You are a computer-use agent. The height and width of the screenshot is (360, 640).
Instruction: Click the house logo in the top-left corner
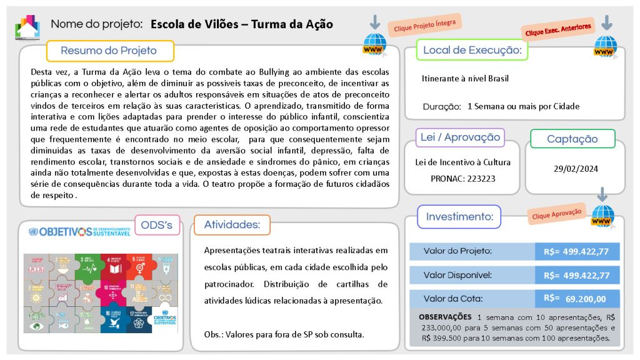pos(27,26)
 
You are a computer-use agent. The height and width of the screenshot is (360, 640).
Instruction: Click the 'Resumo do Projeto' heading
pos(109,51)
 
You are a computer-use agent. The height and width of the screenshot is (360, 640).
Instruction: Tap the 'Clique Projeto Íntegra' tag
pos(425,25)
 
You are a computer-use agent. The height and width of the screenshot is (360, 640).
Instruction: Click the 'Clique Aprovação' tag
pos(556,213)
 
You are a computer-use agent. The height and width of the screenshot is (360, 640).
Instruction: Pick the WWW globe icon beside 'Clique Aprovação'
pos(602,216)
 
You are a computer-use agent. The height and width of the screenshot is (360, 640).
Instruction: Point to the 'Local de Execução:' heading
pos(472,50)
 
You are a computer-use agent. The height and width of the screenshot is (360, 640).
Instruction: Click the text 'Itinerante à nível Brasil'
pos(465,79)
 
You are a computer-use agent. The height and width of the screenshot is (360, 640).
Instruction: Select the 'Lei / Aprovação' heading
pos(460,137)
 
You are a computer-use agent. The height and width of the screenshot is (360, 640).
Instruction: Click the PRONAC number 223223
pos(478,178)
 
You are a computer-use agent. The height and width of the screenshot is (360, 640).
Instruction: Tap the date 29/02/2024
pos(575,169)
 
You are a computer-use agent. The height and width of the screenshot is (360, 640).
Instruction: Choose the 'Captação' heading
pos(572,139)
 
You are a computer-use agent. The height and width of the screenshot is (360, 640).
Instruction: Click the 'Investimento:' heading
pos(459,217)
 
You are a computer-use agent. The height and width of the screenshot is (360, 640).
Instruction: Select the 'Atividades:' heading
pos(232,224)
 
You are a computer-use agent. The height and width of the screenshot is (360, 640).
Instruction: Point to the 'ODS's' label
pos(153,224)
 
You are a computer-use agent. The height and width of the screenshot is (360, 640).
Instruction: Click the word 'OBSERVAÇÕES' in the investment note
pos(444,317)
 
